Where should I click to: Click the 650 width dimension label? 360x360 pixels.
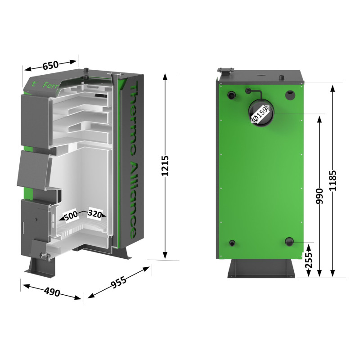click(x=50, y=65)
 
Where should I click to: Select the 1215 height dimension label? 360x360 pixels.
click(x=165, y=166)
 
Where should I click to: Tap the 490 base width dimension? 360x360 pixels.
click(x=52, y=292)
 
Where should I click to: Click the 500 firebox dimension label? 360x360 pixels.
click(x=71, y=216)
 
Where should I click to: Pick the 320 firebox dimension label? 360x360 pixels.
click(x=95, y=213)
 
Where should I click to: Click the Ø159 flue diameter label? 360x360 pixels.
click(x=260, y=114)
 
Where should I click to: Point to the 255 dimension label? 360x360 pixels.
click(x=308, y=260)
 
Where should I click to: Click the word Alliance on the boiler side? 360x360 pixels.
click(x=133, y=198)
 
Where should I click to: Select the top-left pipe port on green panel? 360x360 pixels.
click(x=231, y=95)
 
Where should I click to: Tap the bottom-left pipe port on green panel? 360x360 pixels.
click(x=231, y=243)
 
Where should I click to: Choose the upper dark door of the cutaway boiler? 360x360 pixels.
click(x=35, y=119)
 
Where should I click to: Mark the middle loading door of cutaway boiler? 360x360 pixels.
click(x=34, y=169)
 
